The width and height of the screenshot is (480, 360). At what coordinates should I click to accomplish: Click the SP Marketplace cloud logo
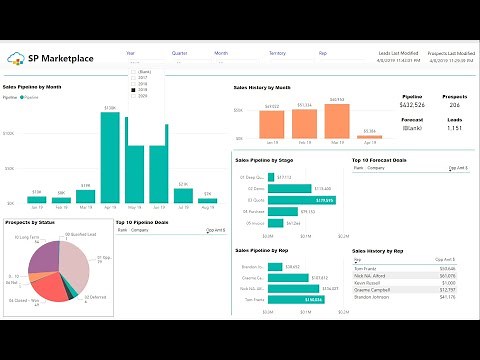(19, 57)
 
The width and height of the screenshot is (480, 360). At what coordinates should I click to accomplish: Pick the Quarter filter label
(179, 52)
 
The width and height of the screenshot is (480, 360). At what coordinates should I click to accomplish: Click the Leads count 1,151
(455, 129)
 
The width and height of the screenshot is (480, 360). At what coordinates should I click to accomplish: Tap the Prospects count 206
(455, 105)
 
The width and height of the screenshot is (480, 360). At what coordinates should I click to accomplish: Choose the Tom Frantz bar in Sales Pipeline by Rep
(296, 299)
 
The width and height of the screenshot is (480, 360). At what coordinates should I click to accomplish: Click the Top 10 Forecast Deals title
(379, 159)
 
